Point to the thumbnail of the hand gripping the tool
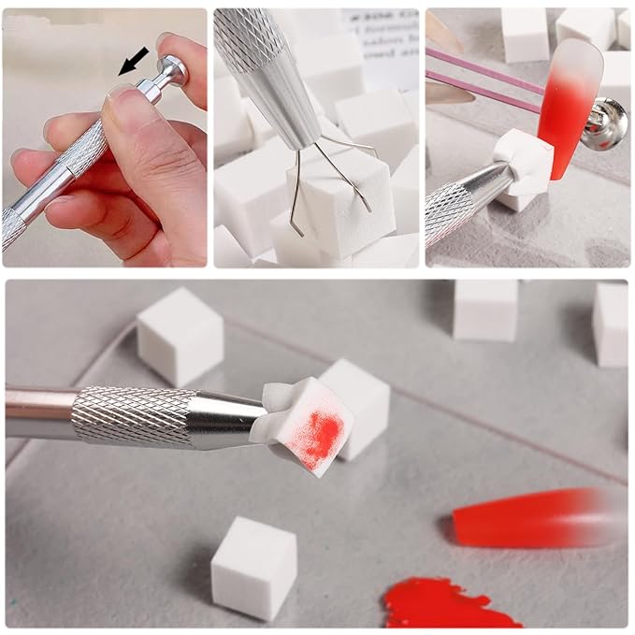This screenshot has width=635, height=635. point(104,137)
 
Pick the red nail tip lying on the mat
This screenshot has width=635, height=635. point(533,517)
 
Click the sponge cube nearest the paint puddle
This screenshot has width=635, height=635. point(254,567)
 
